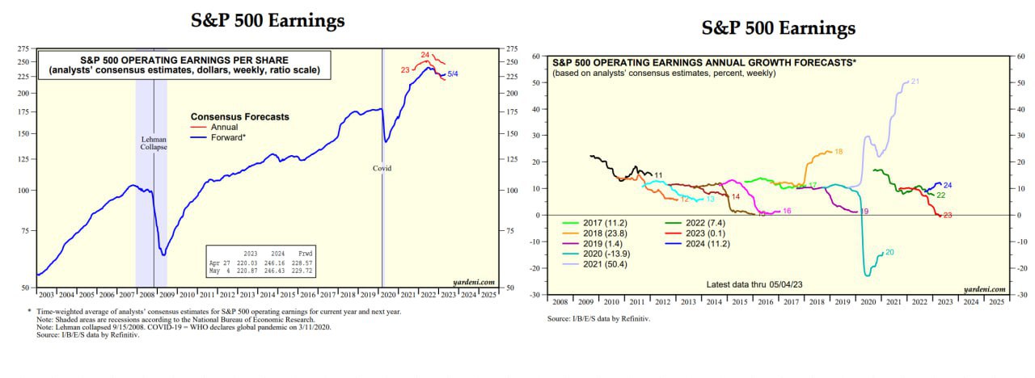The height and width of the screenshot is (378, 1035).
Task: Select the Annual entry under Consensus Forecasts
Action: [223, 127]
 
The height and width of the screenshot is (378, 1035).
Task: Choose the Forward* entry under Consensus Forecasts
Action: [228, 137]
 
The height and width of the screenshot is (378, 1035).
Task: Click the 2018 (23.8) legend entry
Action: [593, 233]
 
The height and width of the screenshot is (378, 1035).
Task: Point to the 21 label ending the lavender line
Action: [915, 82]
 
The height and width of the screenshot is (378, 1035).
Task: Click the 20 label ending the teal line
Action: [889, 252]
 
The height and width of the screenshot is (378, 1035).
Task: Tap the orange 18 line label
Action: [838, 151]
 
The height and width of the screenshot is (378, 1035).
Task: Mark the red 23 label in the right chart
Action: [948, 215]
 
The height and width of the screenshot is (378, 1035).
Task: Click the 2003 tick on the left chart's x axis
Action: [45, 294]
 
